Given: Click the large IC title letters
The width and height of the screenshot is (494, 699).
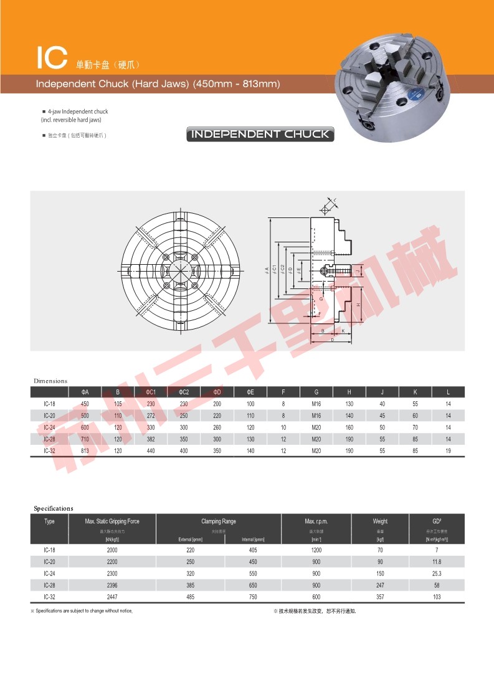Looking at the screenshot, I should (x=52, y=58).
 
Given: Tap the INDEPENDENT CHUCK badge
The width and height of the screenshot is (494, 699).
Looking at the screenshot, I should (x=260, y=134).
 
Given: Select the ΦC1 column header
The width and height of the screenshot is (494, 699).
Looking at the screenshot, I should (x=150, y=392).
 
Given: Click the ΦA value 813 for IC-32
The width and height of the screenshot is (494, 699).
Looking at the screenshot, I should (x=85, y=450).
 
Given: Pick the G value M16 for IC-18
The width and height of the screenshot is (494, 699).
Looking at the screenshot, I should (x=316, y=404).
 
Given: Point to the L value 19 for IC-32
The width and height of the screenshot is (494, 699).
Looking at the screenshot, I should (x=448, y=450).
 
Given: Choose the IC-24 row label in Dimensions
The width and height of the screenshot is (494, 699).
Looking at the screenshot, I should (x=49, y=427).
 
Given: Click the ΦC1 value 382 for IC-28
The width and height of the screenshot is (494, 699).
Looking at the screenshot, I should (x=150, y=439).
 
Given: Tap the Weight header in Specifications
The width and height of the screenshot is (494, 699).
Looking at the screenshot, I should (x=380, y=521).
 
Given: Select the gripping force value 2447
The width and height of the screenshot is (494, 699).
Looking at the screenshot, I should (x=112, y=597).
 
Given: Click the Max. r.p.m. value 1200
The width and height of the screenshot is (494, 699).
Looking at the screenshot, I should (x=316, y=550).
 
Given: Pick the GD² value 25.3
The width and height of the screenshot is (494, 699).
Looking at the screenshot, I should (x=437, y=573).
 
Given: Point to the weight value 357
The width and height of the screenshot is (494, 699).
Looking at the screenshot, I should (x=380, y=597).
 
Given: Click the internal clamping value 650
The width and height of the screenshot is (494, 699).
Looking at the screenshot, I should (x=253, y=585).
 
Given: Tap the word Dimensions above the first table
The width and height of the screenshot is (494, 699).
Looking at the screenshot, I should (x=50, y=381).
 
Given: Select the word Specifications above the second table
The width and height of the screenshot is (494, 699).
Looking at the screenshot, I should (x=54, y=508).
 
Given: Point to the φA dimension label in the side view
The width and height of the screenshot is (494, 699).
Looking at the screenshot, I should (x=267, y=270).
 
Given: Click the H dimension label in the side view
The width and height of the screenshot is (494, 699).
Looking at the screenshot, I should (x=359, y=304).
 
